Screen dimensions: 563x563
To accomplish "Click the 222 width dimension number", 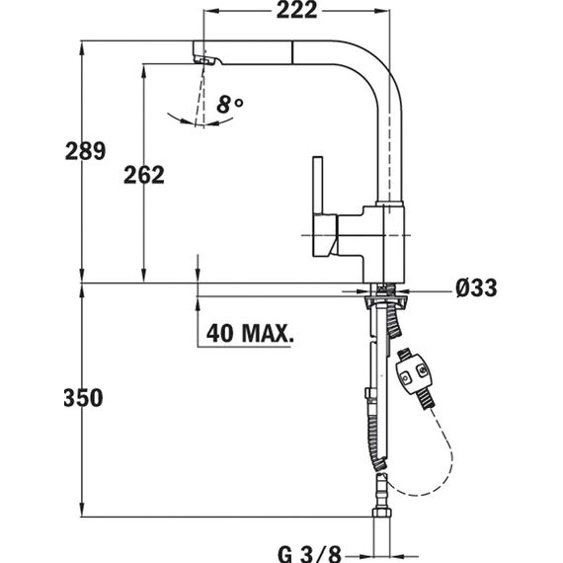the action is pyautogui.click(x=296, y=10).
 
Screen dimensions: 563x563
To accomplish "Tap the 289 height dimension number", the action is pyautogui.click(x=86, y=151).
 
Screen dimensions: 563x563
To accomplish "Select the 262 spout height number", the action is pyautogui.click(x=144, y=175).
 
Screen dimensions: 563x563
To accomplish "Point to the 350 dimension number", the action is pyautogui.click(x=83, y=398).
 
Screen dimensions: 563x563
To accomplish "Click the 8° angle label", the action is pyautogui.click(x=230, y=105).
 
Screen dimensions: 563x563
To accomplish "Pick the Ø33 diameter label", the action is pyautogui.click(x=476, y=287).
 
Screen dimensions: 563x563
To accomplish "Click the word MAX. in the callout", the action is pyautogui.click(x=268, y=333).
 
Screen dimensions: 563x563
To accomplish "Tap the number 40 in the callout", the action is pyautogui.click(x=219, y=333).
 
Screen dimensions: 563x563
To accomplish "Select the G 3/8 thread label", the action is pyautogui.click(x=309, y=554).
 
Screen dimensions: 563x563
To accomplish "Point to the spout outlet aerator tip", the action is pyautogui.click(x=204, y=58).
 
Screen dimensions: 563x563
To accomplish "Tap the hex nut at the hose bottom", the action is pyautogui.click(x=381, y=512).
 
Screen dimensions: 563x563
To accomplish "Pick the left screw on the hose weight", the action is pyautogui.click(x=405, y=377).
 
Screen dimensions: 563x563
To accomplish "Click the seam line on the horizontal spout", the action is pyautogui.click(x=293, y=52).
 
